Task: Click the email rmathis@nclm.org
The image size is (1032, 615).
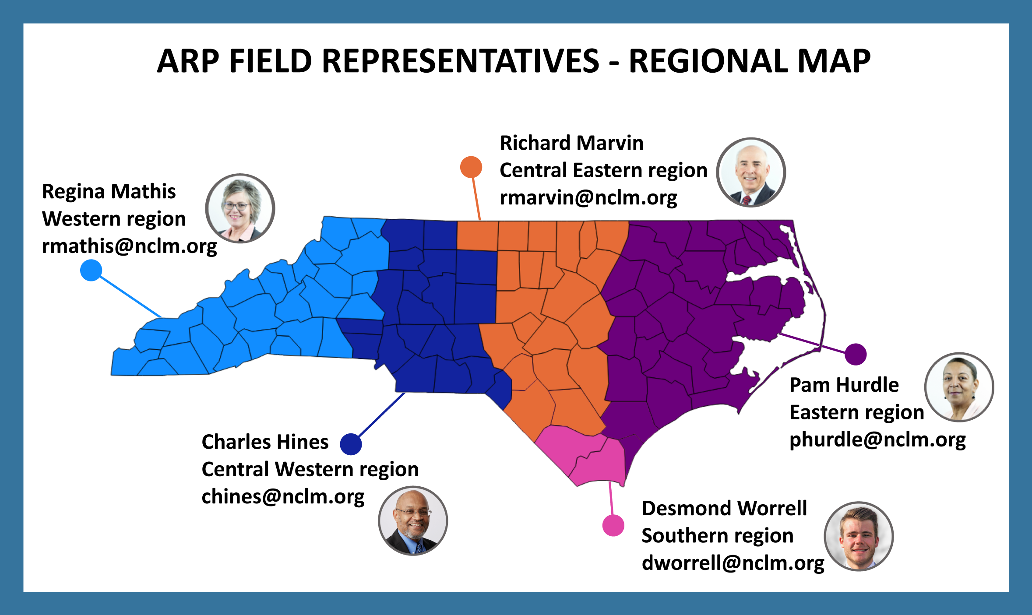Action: [129, 246]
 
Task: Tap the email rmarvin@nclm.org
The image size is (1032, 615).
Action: [588, 198]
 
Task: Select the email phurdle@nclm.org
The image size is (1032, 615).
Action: [877, 440]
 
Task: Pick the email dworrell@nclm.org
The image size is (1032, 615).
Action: [733, 563]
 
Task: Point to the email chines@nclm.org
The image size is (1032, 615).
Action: [283, 497]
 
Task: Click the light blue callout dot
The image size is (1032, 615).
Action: [91, 270]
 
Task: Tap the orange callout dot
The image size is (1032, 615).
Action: [471, 167]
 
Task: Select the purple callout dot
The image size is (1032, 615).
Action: [856, 354]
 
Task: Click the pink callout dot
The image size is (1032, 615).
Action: [613, 525]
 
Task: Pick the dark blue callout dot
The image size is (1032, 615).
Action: [351, 444]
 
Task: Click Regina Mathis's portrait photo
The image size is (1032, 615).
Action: [240, 208]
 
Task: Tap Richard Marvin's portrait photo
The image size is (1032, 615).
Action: [751, 172]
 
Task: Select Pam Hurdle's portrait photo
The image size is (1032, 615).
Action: [959, 387]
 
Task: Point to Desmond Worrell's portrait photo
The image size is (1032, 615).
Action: [859, 536]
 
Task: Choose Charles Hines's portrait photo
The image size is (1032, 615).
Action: [413, 521]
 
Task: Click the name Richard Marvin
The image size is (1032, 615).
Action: [572, 143]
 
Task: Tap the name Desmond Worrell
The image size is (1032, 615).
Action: [724, 508]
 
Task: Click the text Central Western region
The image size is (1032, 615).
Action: [310, 470]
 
